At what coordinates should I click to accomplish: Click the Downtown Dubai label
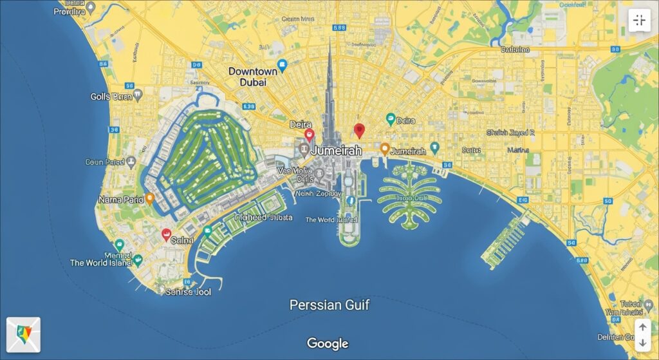pos(253,77)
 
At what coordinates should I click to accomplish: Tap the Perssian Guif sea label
pos(329,305)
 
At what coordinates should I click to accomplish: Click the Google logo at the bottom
pos(328,343)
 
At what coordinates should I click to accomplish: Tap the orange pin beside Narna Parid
pos(150,199)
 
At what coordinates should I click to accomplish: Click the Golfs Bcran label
pos(111,97)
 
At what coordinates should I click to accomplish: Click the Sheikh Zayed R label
pos(510,133)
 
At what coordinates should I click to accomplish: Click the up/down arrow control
pos(642,335)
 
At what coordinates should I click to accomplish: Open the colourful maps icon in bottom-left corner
pos(23,334)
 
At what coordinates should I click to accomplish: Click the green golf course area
pos(200,158)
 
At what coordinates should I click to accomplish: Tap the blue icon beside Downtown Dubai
pos(281,64)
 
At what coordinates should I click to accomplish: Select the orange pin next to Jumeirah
pos(384,149)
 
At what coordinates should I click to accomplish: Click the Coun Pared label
pos(105,162)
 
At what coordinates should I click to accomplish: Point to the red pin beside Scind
pos(166,234)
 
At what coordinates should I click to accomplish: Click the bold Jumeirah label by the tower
pos(336,149)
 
